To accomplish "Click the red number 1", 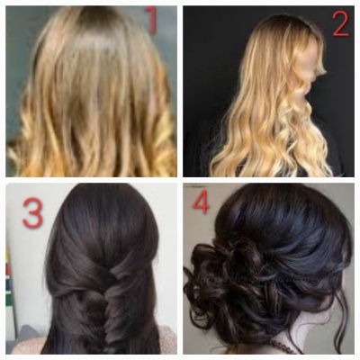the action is pos(150,20).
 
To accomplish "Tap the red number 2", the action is pos(340,24).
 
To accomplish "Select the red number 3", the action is pos(32,212).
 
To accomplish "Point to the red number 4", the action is pos(201,201).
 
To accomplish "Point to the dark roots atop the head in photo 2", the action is pos(288,22).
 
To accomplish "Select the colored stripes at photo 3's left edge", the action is pos(8,276).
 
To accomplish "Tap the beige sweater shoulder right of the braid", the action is pos(166,339).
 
